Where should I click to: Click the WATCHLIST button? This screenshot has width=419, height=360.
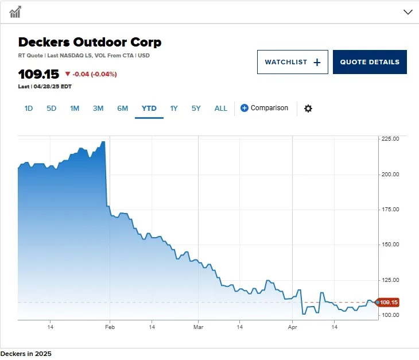[292, 62]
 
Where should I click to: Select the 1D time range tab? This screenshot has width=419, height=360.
[29, 109]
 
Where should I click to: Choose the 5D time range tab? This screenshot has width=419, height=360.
[52, 109]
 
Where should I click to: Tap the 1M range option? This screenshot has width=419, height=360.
[75, 109]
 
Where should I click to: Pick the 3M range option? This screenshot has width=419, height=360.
[98, 109]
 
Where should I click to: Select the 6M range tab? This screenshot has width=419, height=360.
[122, 109]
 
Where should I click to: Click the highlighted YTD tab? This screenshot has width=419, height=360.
[149, 109]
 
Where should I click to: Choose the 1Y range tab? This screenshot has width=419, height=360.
[174, 109]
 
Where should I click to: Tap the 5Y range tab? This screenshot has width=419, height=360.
[196, 109]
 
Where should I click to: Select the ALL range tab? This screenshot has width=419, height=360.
[221, 109]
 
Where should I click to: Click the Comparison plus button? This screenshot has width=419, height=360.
[245, 108]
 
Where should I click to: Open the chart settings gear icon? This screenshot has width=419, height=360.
[308, 109]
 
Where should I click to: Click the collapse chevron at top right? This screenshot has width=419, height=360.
[408, 11]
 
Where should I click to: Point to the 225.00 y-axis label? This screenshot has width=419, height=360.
[390, 139]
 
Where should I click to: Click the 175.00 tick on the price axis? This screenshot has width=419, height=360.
[390, 210]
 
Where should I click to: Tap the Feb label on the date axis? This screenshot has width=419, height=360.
[110, 327]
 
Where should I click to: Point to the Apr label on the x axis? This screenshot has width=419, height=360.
[292, 327]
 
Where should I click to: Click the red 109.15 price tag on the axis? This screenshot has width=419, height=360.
[388, 302]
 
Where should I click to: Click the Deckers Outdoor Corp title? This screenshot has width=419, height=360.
[90, 42]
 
